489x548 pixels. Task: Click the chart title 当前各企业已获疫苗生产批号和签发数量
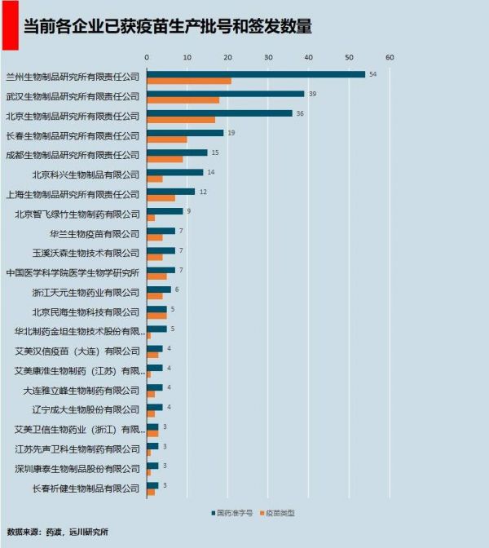[168, 26]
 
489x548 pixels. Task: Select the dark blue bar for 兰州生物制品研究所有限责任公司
[256, 74]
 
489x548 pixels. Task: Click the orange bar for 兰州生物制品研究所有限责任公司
[189, 81]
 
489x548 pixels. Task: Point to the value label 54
[372, 74]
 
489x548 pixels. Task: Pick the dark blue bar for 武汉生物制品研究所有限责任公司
[226, 94]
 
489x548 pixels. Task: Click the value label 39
[312, 94]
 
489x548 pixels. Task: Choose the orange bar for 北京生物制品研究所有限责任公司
[181, 120]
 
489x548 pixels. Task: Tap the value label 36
[300, 113]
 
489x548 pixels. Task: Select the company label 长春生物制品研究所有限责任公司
[73, 135]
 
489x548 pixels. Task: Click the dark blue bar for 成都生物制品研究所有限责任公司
[177, 152]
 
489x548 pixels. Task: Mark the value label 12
[203, 192]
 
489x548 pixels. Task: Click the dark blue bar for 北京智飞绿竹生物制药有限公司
[165, 211]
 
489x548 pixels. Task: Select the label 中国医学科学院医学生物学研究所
[73, 272]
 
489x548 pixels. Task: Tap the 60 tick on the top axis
[390, 58]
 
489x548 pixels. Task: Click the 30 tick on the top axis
[268, 58]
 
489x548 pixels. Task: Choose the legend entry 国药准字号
[230, 513]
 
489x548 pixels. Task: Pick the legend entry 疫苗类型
[277, 513]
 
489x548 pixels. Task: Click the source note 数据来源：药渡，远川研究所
[57, 532]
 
